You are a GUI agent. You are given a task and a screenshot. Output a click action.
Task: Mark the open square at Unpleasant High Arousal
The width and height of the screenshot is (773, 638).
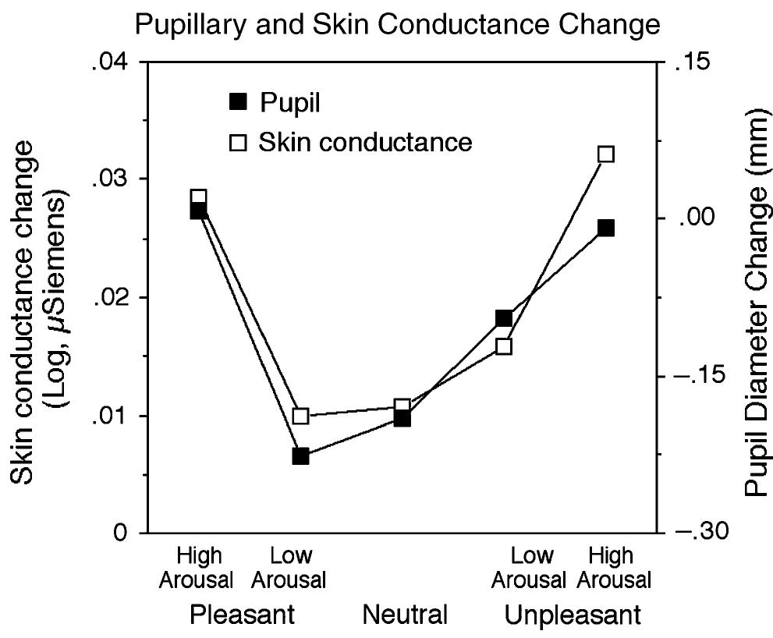(606, 154)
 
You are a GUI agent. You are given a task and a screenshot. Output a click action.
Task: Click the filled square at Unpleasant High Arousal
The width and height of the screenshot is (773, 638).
(606, 228)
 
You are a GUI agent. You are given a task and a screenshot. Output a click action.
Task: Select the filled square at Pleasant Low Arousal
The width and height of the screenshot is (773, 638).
(301, 456)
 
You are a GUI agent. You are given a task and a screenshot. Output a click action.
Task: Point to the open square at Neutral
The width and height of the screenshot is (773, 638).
(402, 406)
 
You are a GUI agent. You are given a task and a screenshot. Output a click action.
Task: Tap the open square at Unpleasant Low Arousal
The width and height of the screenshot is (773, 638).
(504, 346)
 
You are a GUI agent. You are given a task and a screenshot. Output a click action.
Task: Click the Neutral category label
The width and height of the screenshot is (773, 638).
(405, 615)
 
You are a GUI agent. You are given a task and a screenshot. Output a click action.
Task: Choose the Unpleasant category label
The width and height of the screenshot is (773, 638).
(573, 615)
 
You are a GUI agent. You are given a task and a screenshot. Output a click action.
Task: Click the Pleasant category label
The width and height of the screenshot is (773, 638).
(243, 615)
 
